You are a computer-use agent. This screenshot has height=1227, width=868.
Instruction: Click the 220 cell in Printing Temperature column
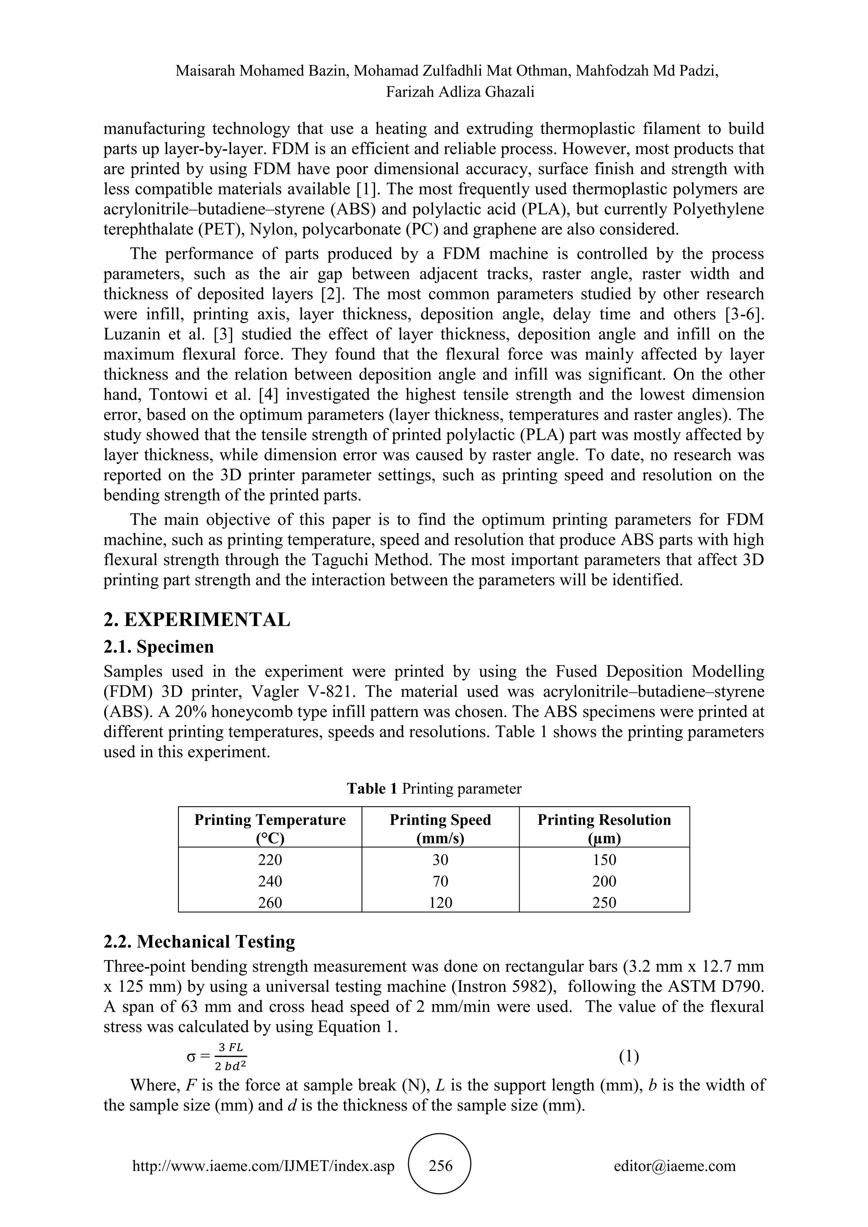(x=270, y=860)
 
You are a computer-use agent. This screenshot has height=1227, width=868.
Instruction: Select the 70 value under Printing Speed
(x=440, y=881)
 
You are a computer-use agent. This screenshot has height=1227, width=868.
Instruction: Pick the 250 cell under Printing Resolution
(x=604, y=902)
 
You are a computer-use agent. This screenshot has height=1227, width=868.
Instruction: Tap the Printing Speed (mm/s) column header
(x=440, y=829)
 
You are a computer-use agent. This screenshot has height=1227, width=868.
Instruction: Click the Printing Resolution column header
(x=604, y=829)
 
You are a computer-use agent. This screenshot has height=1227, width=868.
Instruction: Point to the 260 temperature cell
(x=270, y=902)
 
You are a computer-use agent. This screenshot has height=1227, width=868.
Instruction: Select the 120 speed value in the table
(x=440, y=902)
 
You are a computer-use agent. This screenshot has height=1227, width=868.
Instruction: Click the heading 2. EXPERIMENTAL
(x=197, y=619)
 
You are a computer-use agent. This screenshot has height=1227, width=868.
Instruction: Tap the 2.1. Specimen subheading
(x=158, y=647)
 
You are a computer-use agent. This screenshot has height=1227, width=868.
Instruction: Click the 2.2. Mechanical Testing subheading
(x=199, y=941)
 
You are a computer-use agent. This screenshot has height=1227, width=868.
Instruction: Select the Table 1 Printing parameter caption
(x=434, y=789)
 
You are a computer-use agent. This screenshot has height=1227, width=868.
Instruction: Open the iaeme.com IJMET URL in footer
(x=263, y=1166)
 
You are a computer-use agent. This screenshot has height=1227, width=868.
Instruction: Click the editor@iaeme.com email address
(x=674, y=1166)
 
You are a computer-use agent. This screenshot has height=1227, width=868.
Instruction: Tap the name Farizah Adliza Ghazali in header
(x=460, y=92)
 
